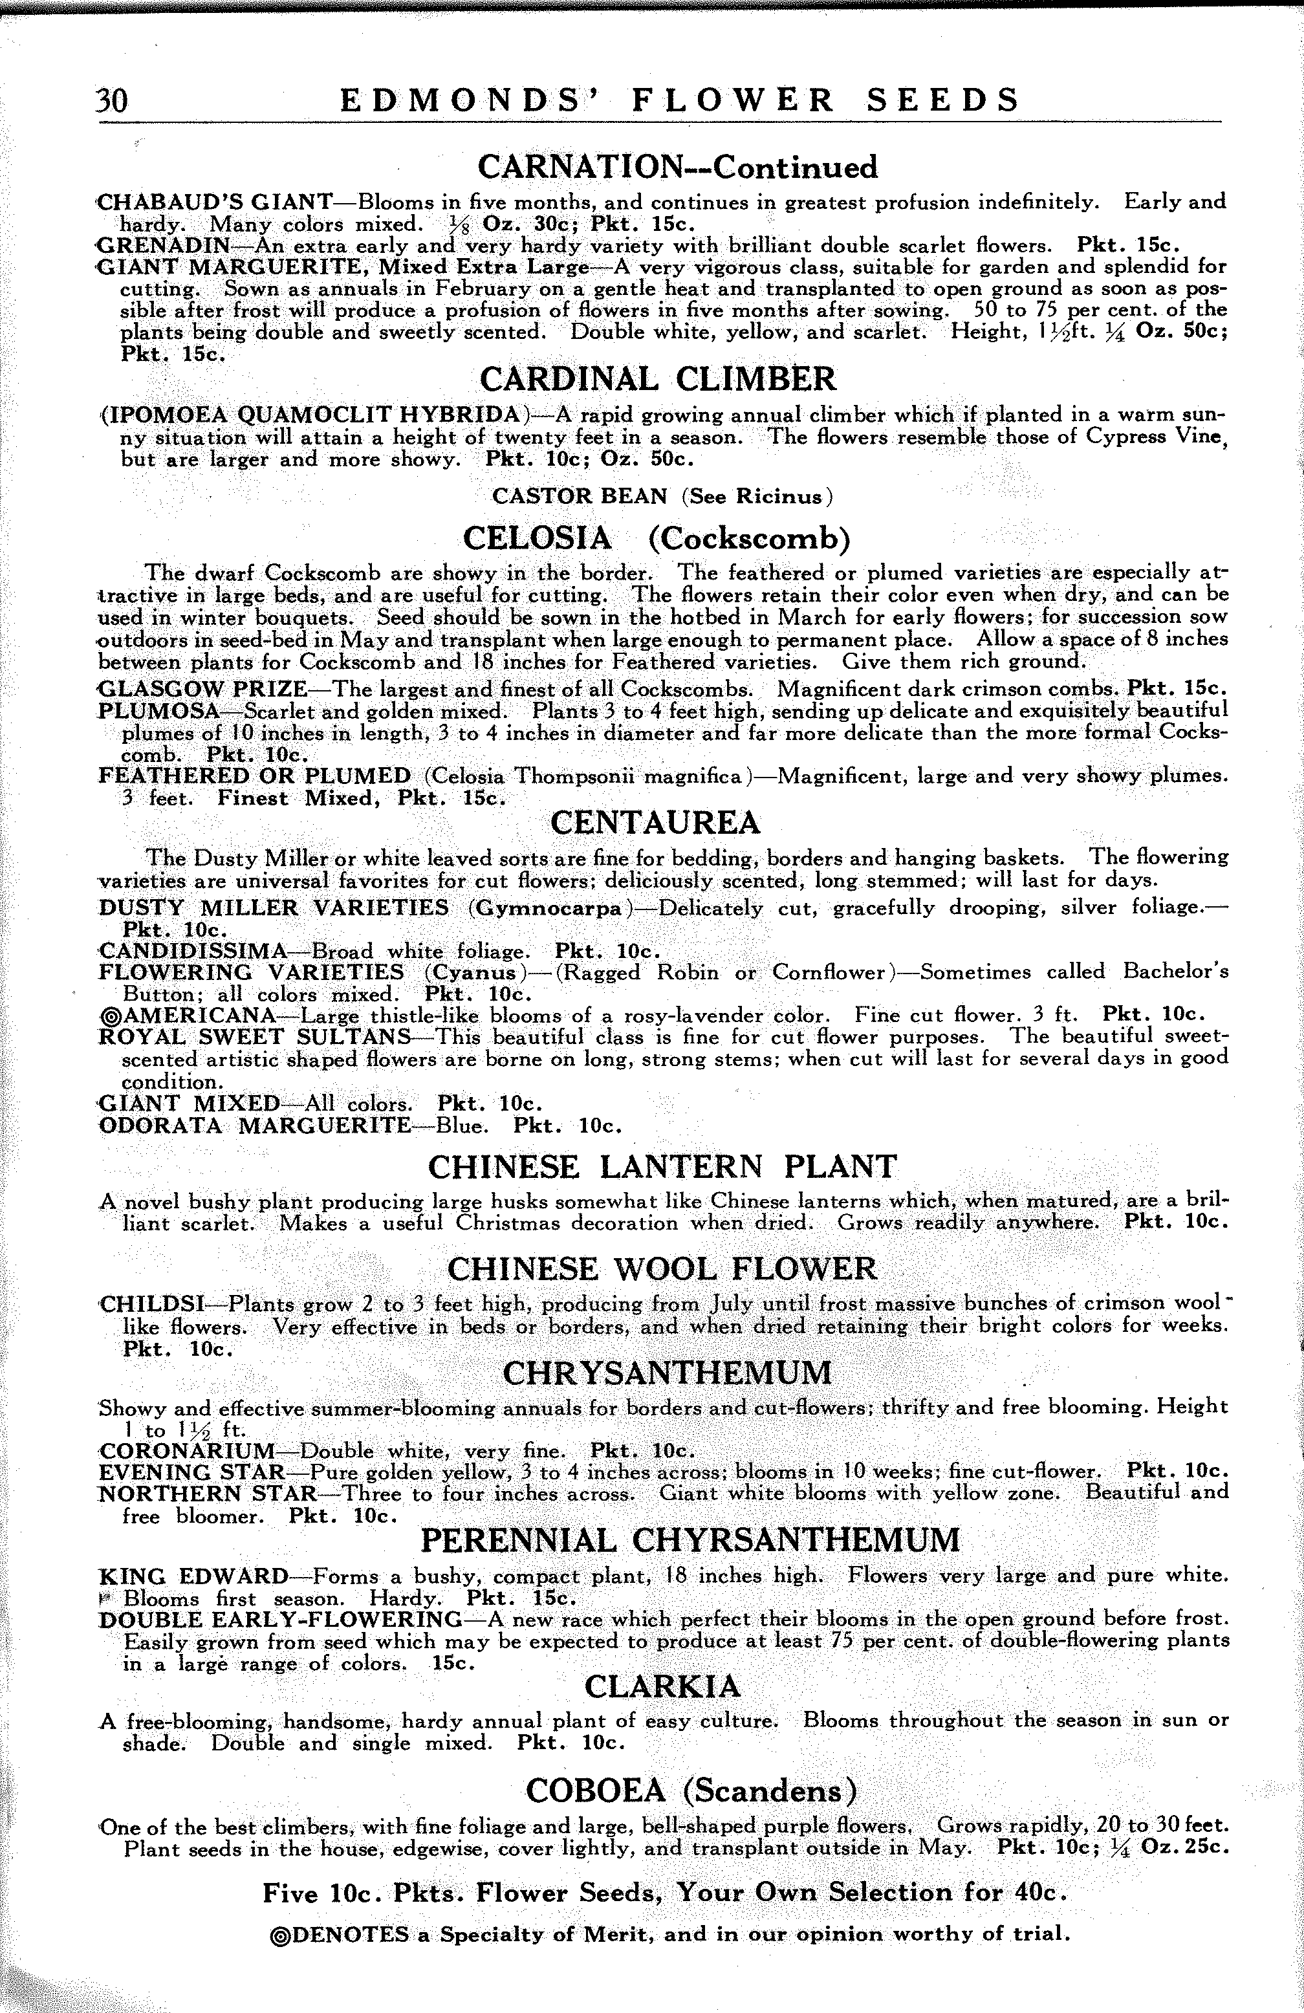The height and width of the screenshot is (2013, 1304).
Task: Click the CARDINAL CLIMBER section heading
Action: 658,379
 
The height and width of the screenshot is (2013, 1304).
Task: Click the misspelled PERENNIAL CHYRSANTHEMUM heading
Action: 690,1540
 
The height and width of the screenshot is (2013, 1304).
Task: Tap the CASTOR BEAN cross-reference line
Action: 662,497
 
